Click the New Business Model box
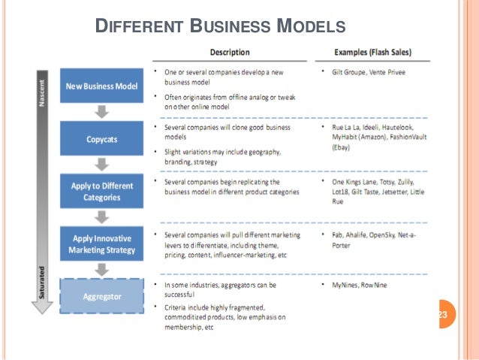coord(101,86)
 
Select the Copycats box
coord(101,139)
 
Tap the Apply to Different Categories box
coord(101,192)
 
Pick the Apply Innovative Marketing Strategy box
coord(101,244)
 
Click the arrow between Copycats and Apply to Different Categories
coord(102,165)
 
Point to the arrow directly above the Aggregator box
coord(102,270)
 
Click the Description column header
coord(230,53)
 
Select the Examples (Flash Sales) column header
coord(372,53)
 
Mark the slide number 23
coord(441,314)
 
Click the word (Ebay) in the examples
coord(343,148)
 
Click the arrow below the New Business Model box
coord(102,112)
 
